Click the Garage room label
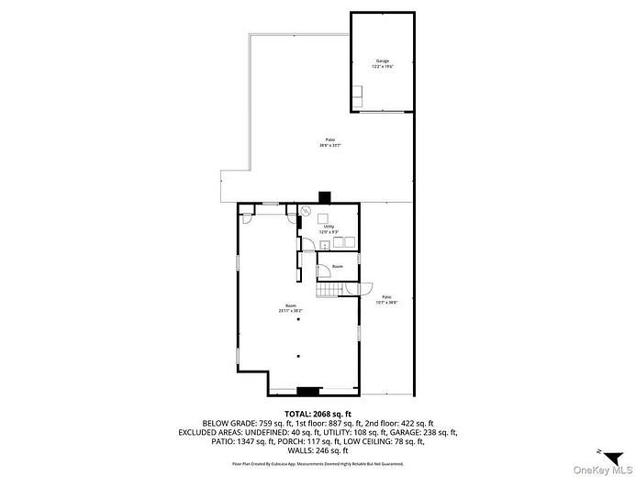tap(382, 61)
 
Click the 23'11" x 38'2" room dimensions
tap(291, 311)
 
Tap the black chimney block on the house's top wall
tap(324, 196)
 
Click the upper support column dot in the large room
tap(297, 320)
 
